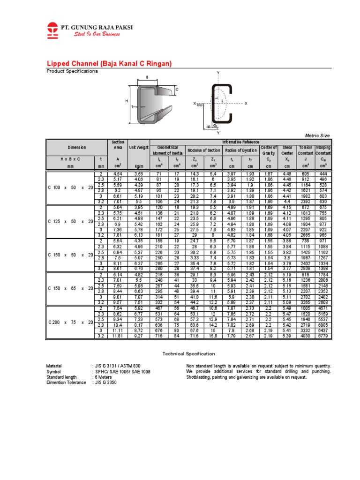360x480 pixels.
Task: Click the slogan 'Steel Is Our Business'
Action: pyautogui.click(x=97, y=35)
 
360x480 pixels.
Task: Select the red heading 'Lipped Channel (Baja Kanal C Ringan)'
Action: pyautogui.click(x=109, y=63)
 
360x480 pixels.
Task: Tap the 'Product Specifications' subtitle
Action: pyautogui.click(x=72, y=71)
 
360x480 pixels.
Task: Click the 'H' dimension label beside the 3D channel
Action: pyautogui.click(x=126, y=101)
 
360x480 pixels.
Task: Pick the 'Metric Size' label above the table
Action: pyautogui.click(x=317, y=135)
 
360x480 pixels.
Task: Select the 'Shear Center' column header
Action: pyautogui.click(x=287, y=150)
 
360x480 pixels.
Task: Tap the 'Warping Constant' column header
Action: pyautogui.click(x=323, y=150)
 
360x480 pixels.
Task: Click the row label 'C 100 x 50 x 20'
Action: pyautogui.click(x=70, y=187)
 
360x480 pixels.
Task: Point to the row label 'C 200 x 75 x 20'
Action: pyautogui.click(x=70, y=322)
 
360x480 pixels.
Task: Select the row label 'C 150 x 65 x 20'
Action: pyautogui.click(x=70, y=289)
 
